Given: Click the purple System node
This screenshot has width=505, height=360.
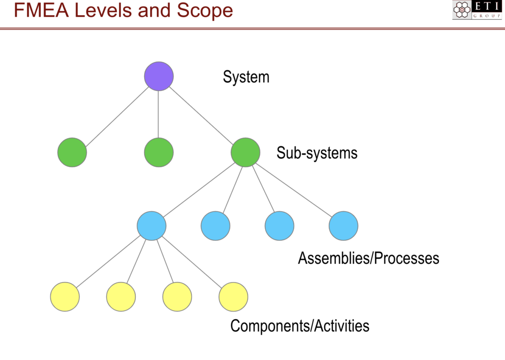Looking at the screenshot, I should tap(158, 76).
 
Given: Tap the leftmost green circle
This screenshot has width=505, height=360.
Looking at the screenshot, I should tap(72, 153).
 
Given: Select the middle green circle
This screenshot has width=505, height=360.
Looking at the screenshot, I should tap(158, 153).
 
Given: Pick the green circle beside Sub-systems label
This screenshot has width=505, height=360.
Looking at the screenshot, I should tap(245, 153).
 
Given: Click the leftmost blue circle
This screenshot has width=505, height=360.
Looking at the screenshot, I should tap(151, 226).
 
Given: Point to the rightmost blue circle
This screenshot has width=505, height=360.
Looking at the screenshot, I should tap(343, 226).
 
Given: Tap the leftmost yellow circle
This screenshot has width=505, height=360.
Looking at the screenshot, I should tap(65, 297).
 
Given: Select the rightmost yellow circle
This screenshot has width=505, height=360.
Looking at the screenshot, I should tap(233, 297).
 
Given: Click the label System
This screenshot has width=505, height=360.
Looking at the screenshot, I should tap(246, 77).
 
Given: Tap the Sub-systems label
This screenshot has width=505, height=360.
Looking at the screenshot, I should tap(317, 153).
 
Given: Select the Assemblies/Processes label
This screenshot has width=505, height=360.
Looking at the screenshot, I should tap(368, 258).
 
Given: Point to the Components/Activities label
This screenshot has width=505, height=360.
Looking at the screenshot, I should tap(300, 326).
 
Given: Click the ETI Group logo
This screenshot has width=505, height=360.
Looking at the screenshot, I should tap(477, 10).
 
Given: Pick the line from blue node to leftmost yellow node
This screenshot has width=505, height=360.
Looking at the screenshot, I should tap(108, 261).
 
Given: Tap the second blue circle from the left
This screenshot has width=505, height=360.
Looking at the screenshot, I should tap(215, 226).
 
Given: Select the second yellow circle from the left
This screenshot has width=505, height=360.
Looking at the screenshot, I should tap(121, 297).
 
